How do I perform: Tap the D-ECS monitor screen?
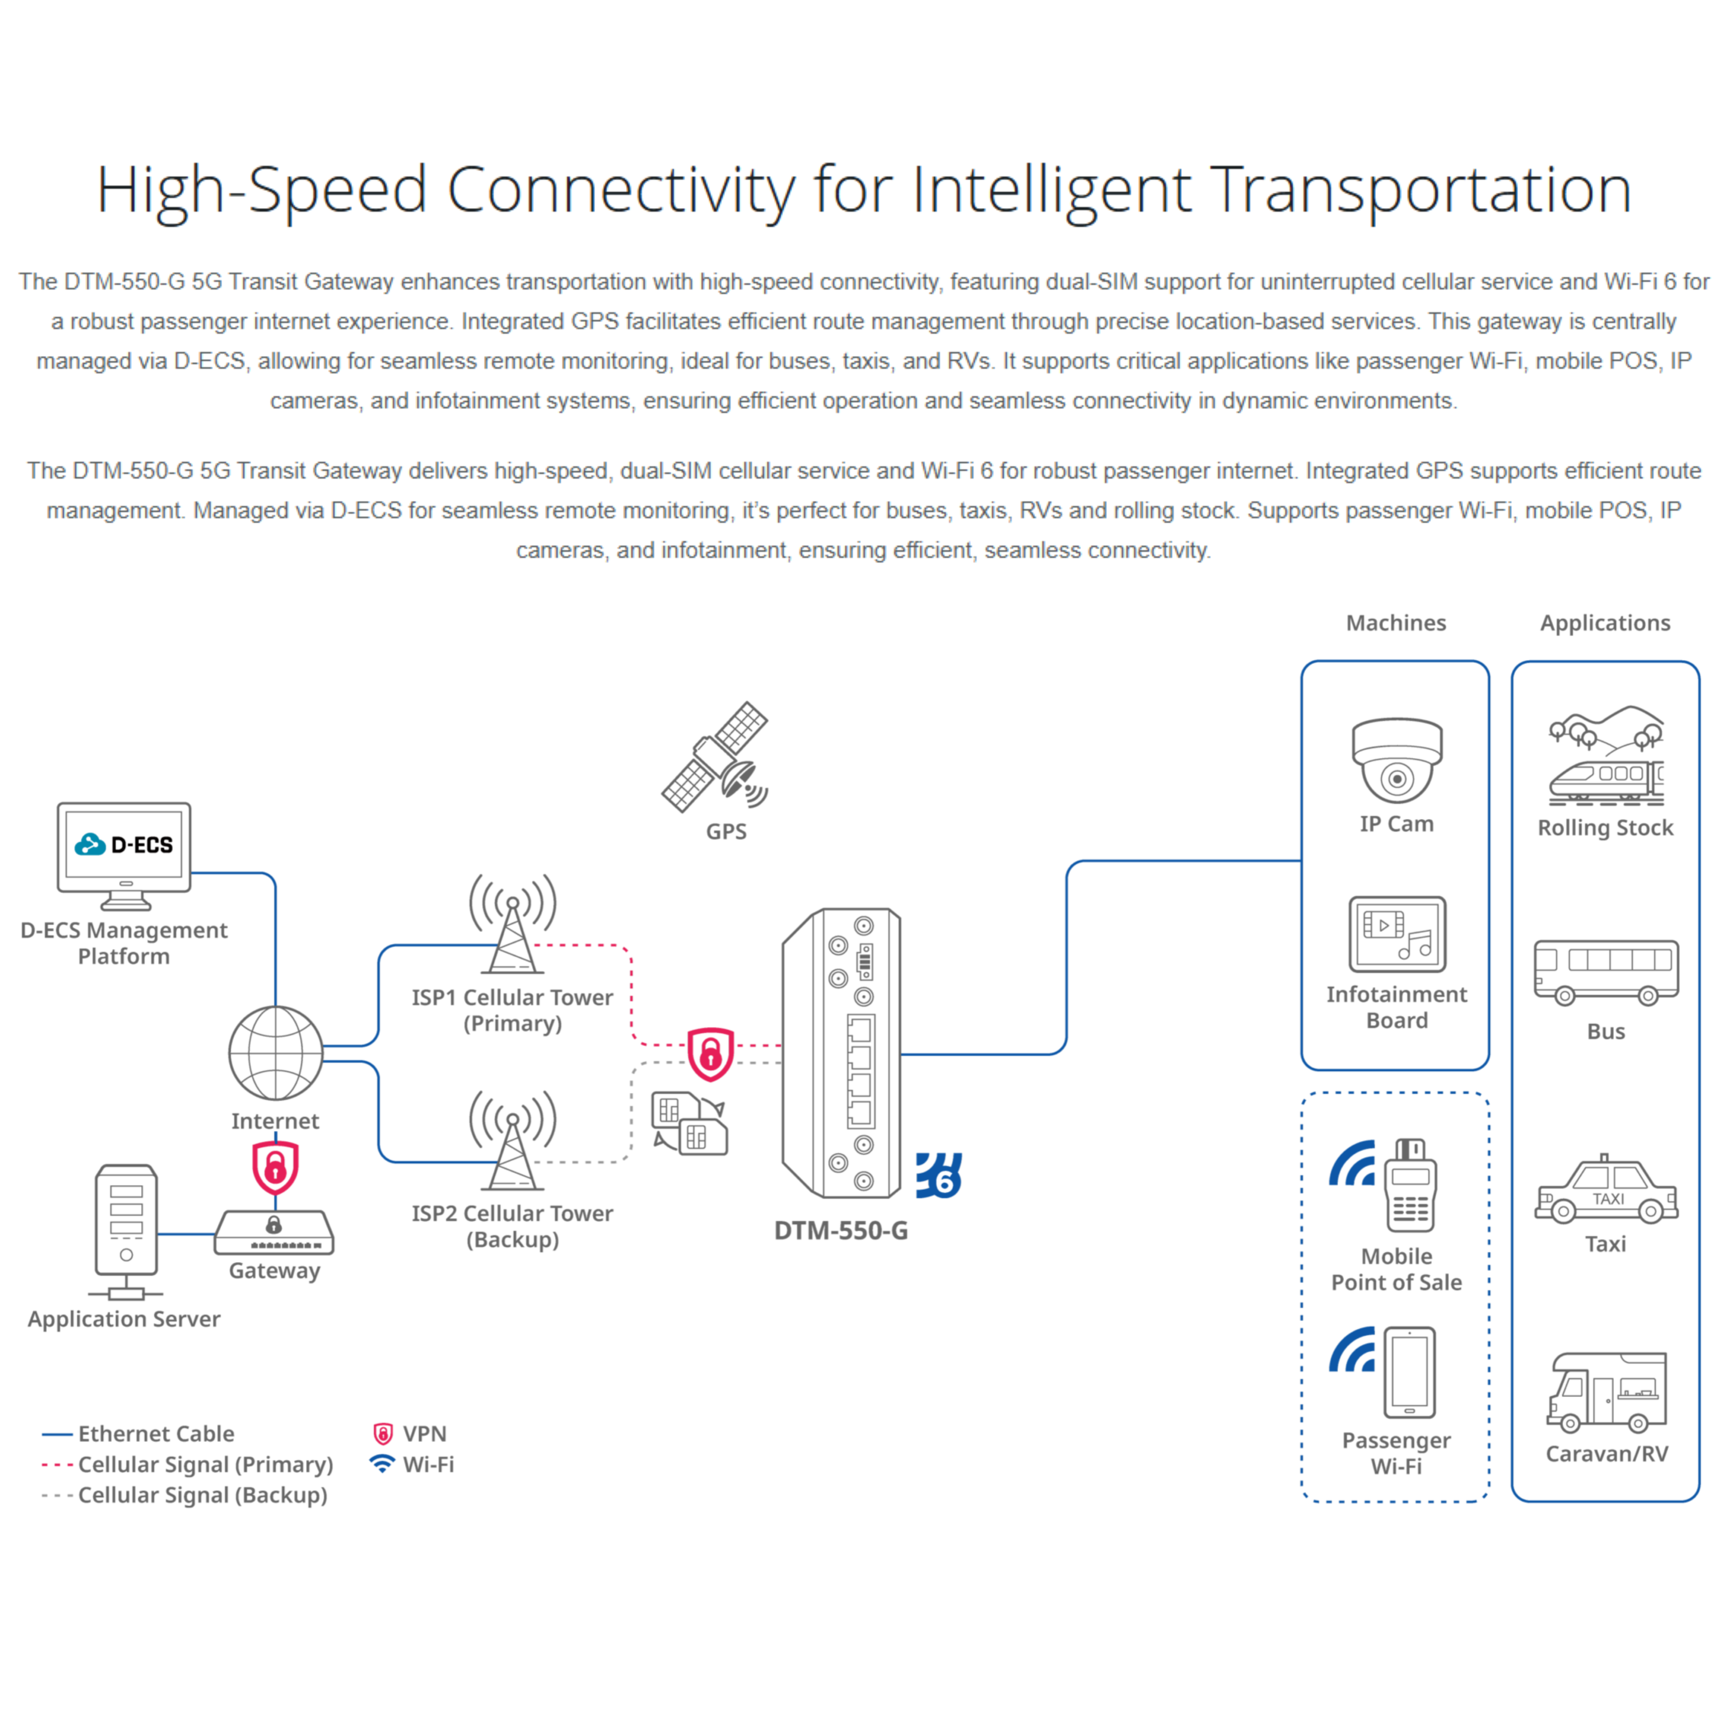[x=125, y=845]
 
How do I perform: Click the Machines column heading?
[x=1396, y=622]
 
